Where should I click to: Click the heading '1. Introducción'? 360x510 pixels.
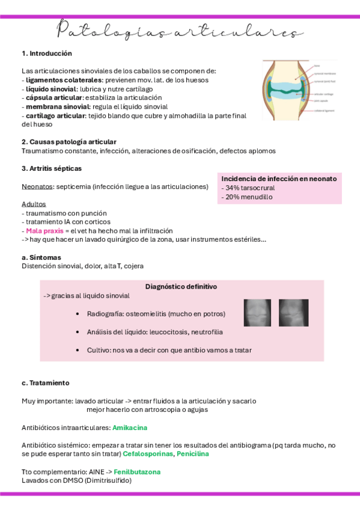click(x=46, y=54)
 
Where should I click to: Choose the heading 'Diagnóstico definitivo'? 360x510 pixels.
click(x=181, y=287)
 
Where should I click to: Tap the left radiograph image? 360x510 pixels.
click(x=258, y=313)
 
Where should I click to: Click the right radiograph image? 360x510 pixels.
click(x=293, y=313)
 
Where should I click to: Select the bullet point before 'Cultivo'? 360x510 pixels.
click(x=79, y=350)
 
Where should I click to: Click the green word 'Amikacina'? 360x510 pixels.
click(x=129, y=428)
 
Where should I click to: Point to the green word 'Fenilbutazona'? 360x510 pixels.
click(x=138, y=472)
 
